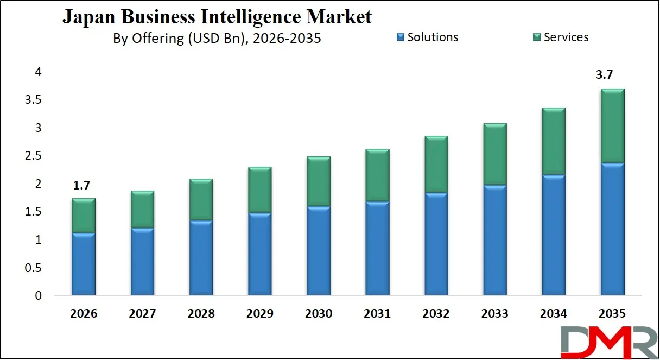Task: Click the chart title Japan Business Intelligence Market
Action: coord(217,17)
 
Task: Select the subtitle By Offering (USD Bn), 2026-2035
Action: coord(217,39)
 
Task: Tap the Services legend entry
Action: coord(560,37)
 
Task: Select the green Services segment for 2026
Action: coord(83,216)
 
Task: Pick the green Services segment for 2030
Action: coord(319,181)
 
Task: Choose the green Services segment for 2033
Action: coord(495,154)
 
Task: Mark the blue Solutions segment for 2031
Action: coord(377,249)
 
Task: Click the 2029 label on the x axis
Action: coord(259,314)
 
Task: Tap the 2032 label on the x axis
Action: coord(436,314)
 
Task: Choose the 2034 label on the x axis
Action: coord(554,314)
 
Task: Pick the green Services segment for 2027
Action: coord(142,209)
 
